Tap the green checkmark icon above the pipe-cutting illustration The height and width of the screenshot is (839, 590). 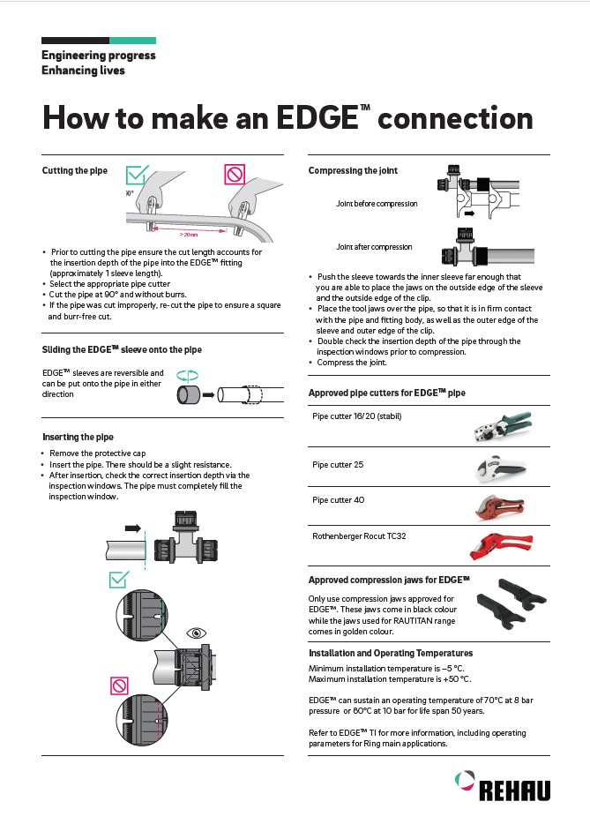click(x=135, y=173)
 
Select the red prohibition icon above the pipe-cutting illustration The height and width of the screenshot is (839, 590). click(x=234, y=174)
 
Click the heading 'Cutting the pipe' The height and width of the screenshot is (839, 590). click(x=75, y=170)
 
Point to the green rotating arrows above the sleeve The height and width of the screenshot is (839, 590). click(x=187, y=374)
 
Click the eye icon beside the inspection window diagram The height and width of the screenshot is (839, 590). click(x=195, y=633)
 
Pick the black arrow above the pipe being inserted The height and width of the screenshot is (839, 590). click(x=133, y=528)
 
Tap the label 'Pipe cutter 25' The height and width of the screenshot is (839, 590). click(x=338, y=465)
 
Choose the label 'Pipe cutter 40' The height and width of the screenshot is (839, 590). click(x=338, y=500)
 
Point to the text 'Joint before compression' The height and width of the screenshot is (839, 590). click(x=377, y=204)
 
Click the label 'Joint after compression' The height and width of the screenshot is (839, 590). click(x=374, y=247)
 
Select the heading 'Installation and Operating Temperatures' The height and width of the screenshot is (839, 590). click(x=390, y=653)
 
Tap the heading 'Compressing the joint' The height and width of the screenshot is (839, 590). click(x=353, y=170)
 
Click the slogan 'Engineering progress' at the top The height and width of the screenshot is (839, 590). click(x=99, y=55)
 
